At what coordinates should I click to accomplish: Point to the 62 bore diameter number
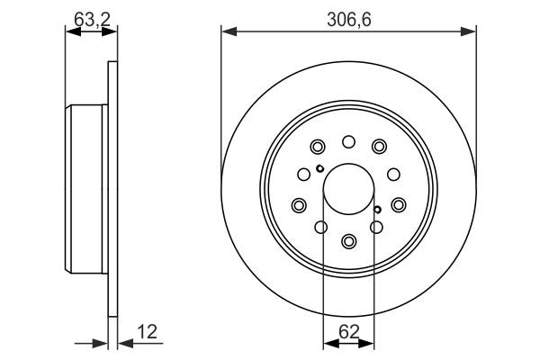349,329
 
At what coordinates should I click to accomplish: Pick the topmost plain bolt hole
349,140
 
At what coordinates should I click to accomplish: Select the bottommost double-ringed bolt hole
349,241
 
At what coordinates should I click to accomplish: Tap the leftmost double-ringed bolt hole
299,206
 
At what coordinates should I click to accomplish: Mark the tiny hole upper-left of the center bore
319,168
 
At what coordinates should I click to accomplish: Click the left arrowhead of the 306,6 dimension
228,32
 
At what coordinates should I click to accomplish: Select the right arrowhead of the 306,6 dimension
471,32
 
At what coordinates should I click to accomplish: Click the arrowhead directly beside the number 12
122,342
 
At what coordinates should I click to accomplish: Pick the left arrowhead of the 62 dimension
328,342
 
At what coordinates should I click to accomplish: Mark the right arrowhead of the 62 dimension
371,342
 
